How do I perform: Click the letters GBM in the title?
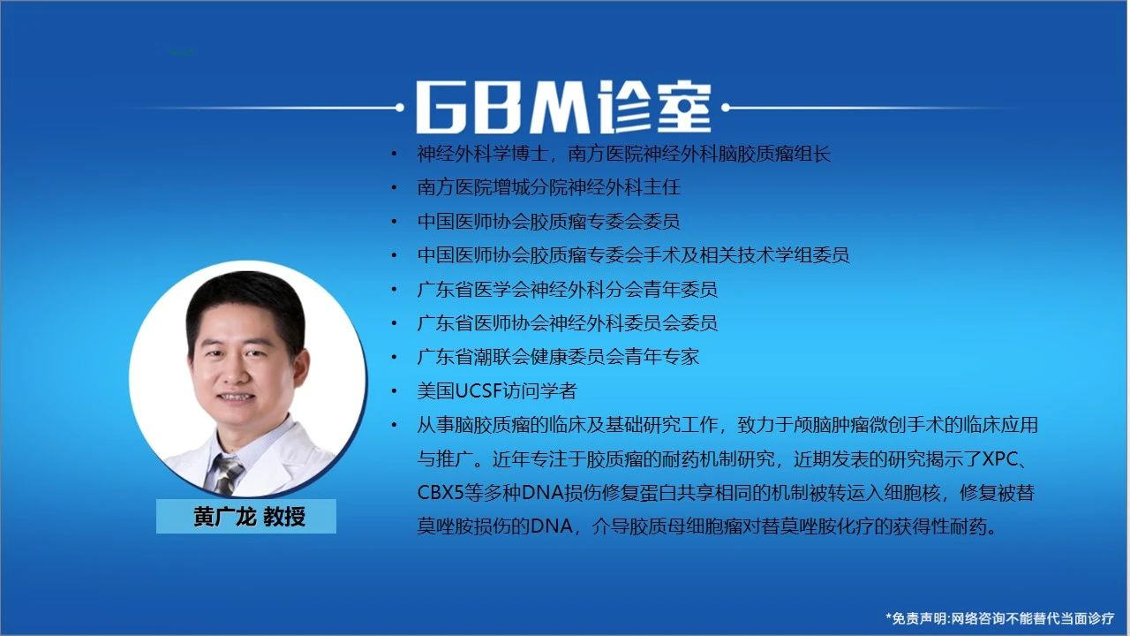point(502,108)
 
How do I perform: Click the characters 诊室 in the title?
point(653,108)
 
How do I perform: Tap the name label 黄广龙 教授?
point(249,517)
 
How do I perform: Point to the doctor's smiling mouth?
point(235,397)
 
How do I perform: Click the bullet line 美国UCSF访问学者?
point(496,391)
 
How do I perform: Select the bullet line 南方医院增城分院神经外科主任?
point(549,187)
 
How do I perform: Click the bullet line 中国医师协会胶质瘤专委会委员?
point(548,221)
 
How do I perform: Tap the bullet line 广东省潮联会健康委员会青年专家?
point(558,357)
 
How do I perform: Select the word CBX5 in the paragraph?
point(440,493)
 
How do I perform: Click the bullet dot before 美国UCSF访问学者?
point(394,391)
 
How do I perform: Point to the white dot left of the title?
point(400,108)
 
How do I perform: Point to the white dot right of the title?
point(726,108)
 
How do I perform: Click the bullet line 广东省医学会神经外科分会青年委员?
point(567,289)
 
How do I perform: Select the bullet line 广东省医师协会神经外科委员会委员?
point(567,323)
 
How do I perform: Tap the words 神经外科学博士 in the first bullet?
point(483,154)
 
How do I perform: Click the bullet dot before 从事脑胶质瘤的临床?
point(394,426)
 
